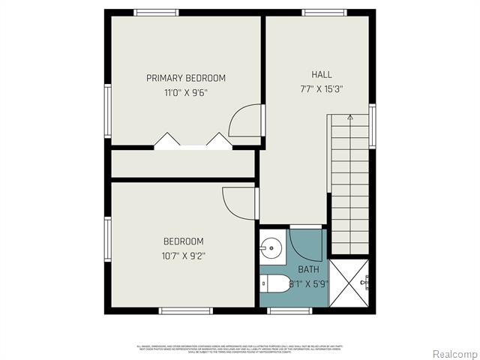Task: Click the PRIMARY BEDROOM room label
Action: tap(185, 78)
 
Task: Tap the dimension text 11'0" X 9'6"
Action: tap(185, 93)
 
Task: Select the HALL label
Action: tap(322, 74)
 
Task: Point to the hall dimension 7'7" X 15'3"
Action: tap(322, 89)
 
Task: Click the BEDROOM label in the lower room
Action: tap(184, 241)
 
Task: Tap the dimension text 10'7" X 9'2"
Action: tap(184, 256)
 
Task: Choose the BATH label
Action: tap(308, 269)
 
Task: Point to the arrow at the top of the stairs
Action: tap(349, 118)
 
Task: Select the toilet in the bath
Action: tap(274, 283)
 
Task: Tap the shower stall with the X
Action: tap(351, 283)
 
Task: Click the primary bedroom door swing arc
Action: tap(244, 121)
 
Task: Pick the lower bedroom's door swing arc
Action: tap(239, 200)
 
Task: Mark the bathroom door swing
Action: tap(306, 244)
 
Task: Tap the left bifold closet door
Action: tap(166, 140)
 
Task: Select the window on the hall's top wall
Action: tap(324, 12)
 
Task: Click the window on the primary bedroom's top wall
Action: tap(156, 12)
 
